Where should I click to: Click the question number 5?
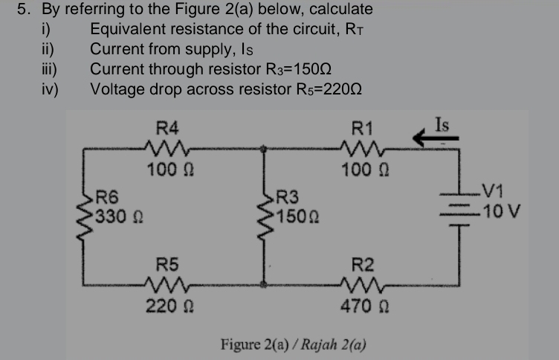tap(23, 10)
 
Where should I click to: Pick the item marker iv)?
tap(54, 88)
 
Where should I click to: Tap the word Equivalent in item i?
tap(126, 30)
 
